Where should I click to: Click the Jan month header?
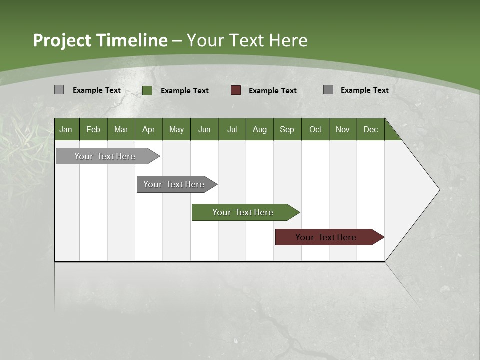click(66, 129)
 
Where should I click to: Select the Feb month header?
click(93, 129)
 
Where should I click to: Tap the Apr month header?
click(148, 129)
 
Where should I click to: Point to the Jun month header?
click(204, 129)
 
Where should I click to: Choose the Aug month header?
click(259, 129)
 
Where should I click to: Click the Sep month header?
click(287, 129)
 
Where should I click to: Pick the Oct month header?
click(315, 129)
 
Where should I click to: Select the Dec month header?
click(370, 129)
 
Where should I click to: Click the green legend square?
click(147, 90)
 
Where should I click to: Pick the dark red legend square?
click(236, 90)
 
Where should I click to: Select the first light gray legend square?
click(59, 90)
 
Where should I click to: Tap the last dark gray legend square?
click(328, 90)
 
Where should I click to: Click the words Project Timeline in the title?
click(100, 40)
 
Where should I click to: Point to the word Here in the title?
click(288, 40)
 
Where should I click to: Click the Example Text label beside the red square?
click(273, 91)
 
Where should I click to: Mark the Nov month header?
click(343, 129)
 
